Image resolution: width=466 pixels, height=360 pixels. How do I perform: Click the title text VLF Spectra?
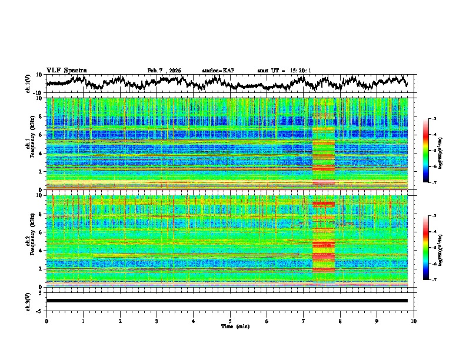coord(66,70)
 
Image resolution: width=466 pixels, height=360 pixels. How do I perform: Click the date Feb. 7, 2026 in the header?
coord(164,71)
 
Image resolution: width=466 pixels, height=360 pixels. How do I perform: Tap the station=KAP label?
coord(218,71)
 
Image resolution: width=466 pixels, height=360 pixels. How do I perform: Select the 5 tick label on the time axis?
coord(230,321)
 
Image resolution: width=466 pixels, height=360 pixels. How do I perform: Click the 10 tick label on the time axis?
coord(414,321)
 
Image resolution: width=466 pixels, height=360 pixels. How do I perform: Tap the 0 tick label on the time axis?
coord(46,321)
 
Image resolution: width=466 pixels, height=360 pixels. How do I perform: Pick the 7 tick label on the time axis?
coord(304,321)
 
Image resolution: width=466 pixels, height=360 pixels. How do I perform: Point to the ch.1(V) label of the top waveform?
coord(28,84)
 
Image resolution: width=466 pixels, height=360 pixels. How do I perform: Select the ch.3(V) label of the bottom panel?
coord(28,300)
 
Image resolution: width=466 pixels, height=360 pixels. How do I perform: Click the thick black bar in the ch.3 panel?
coord(227,301)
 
